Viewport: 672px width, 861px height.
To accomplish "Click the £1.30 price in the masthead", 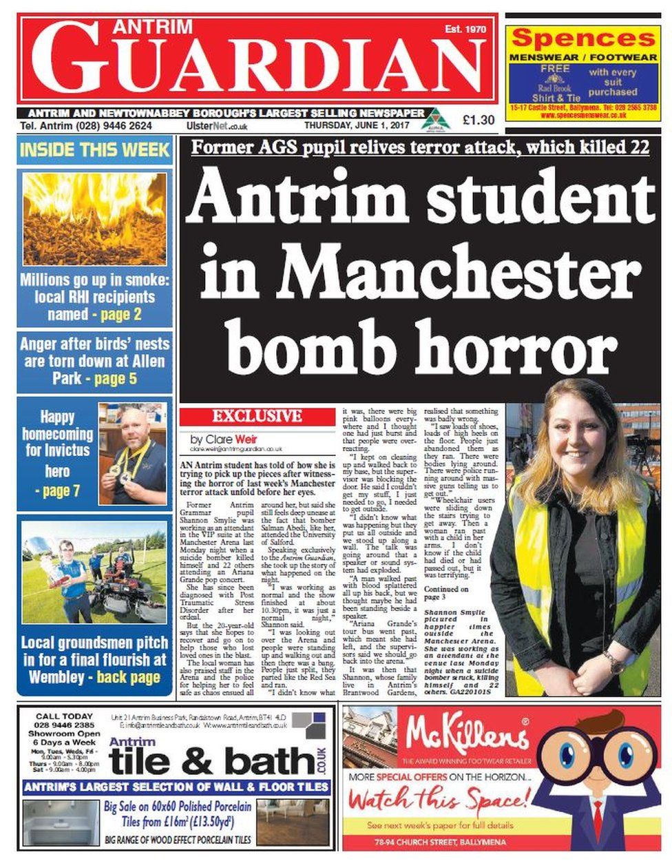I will click(x=478, y=120).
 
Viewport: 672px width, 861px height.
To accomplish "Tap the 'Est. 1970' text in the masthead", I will click(x=465, y=29).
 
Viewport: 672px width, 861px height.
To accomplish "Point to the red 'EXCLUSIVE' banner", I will click(x=256, y=416).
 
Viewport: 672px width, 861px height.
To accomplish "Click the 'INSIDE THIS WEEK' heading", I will click(x=94, y=149).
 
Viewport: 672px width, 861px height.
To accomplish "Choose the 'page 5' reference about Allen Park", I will click(x=115, y=379).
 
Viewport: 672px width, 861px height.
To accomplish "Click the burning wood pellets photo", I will click(x=94, y=218).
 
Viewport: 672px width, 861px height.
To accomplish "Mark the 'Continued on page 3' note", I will click(x=446, y=594).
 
